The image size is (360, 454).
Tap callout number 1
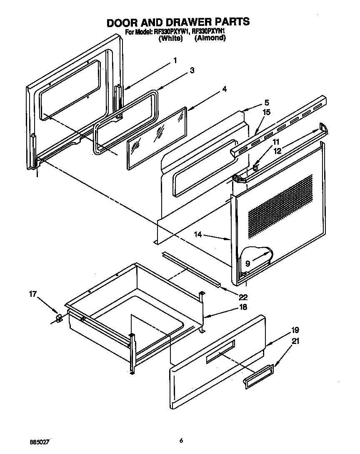click(175, 60)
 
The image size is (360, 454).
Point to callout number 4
click(224, 89)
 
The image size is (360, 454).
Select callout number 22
click(243, 297)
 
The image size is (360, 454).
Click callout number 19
click(295, 331)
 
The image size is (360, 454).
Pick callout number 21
click(295, 341)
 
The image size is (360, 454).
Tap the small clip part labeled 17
click(59, 319)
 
